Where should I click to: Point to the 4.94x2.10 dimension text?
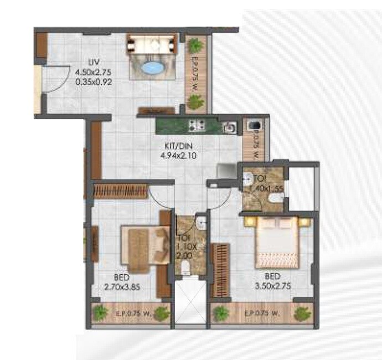coord(178,156)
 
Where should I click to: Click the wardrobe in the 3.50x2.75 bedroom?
coord(220,263)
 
